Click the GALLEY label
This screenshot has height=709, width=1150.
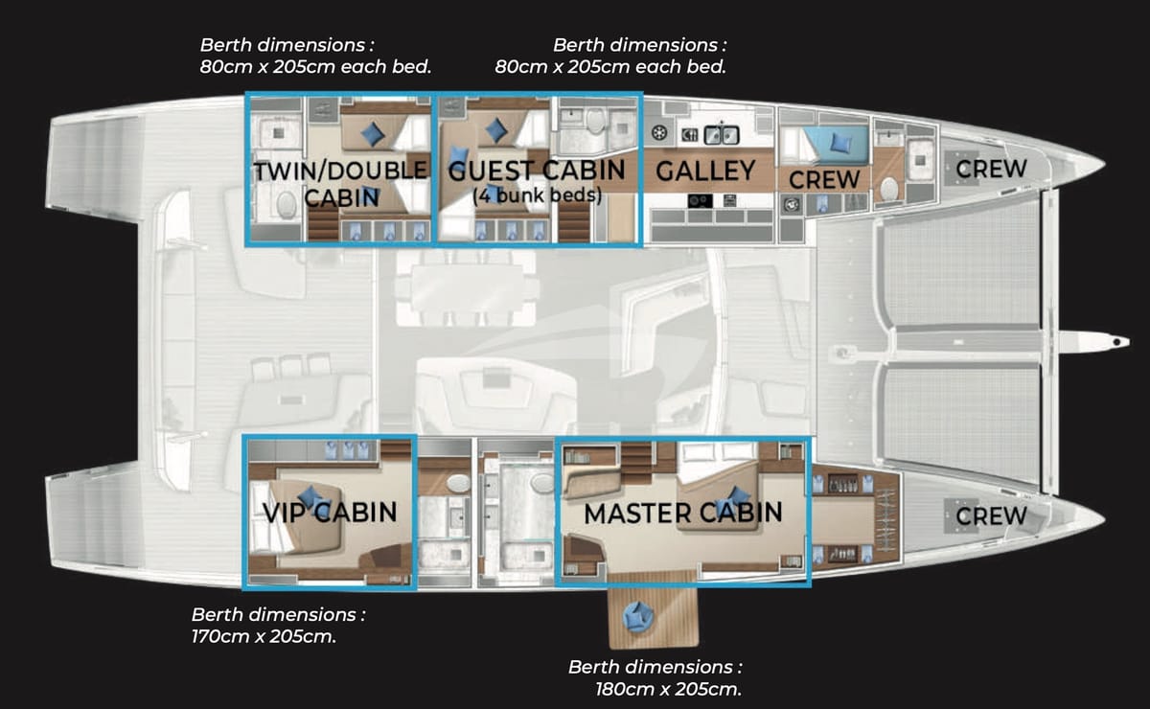click(705, 172)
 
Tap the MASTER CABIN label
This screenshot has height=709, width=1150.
click(682, 513)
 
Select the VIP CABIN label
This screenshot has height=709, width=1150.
click(330, 511)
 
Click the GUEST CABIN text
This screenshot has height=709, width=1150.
click(537, 172)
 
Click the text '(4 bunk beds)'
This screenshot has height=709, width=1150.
click(537, 196)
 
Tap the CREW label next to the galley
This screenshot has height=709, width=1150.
click(824, 179)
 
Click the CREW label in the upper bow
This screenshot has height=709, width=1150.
click(992, 169)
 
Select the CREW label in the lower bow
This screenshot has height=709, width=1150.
click(992, 516)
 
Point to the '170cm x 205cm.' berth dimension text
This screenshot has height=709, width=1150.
click(264, 635)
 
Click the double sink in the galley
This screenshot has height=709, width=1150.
click(719, 134)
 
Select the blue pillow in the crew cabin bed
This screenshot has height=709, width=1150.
click(840, 143)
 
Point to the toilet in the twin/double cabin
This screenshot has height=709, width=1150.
click(285, 205)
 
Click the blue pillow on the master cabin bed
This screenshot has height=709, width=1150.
click(737, 495)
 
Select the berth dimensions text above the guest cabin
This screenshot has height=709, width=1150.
click(610, 56)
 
